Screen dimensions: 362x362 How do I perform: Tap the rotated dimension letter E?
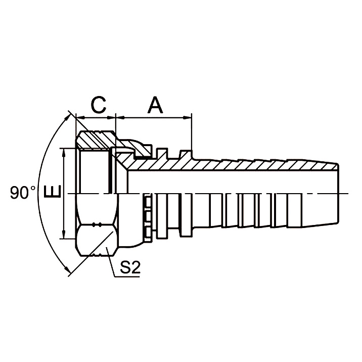tap(52, 193)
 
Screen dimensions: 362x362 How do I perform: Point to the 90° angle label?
tap(23, 193)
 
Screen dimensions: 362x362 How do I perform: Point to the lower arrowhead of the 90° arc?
tap(67, 272)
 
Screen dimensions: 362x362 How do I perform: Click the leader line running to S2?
tap(113, 258)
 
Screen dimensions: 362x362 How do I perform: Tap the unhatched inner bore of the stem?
tap(228, 182)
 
